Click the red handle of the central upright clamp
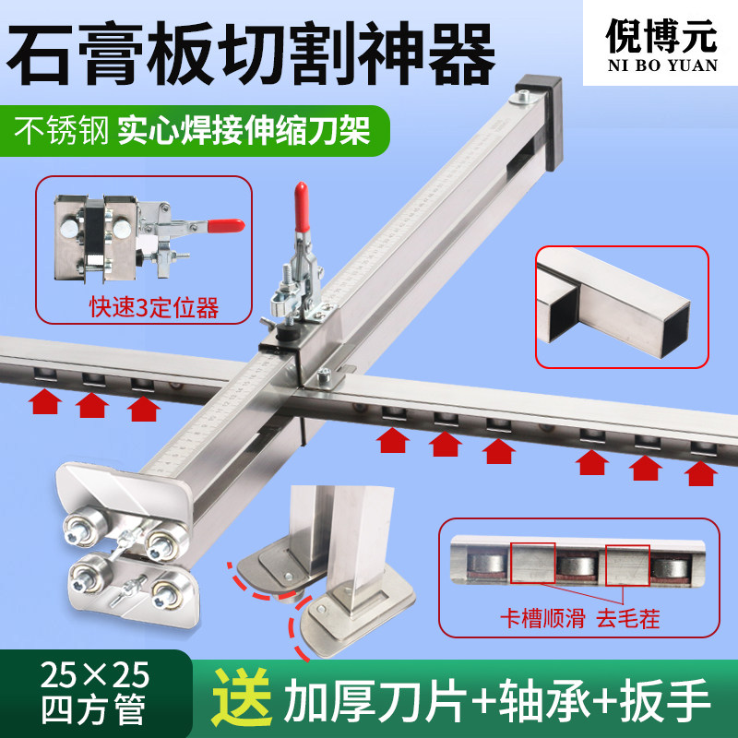click(x=301, y=205)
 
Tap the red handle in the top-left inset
click(x=224, y=225)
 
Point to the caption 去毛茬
click(x=626, y=618)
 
